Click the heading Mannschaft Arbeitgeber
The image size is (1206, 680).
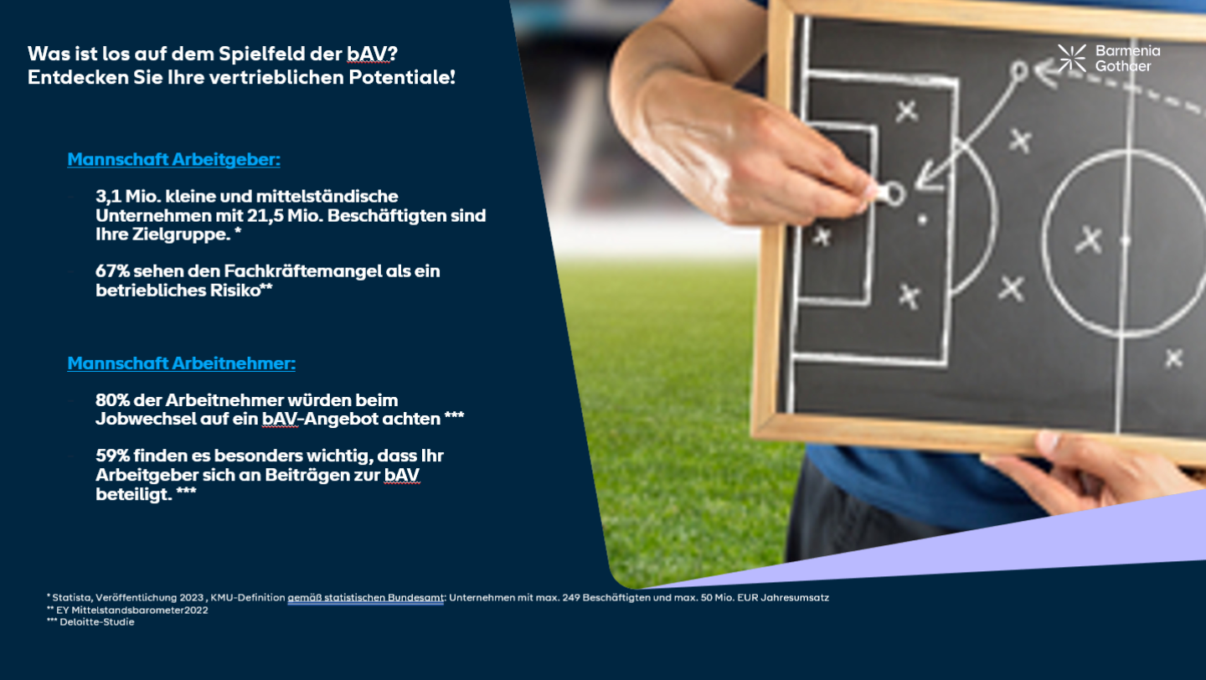click(174, 159)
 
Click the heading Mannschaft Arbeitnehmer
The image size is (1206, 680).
click(182, 363)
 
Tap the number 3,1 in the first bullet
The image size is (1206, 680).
click(109, 197)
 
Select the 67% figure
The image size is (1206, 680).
click(112, 270)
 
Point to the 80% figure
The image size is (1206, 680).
click(112, 400)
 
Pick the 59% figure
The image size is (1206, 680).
click(112, 456)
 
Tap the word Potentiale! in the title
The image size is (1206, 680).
click(402, 77)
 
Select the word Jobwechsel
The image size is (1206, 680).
click(146, 419)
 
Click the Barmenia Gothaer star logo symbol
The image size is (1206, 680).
click(1072, 58)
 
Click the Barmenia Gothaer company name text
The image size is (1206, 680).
click(1127, 58)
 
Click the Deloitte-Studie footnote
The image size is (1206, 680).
click(90, 622)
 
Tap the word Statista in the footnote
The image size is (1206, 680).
click(72, 598)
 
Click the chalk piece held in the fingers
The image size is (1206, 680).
click(878, 193)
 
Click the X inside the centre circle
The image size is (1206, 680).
click(1089, 240)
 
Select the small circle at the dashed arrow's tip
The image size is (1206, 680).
click(1018, 71)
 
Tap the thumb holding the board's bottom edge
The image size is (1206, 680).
click(1049, 442)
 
